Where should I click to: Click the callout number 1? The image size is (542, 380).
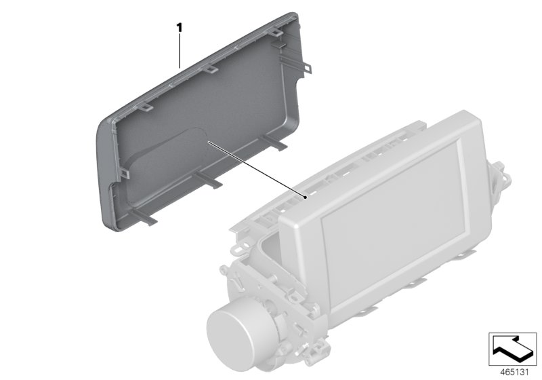[180, 28]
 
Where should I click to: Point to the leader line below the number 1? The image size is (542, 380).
[180, 51]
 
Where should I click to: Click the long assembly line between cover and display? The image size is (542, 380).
[257, 169]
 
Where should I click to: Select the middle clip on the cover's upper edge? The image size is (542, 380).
[211, 68]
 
